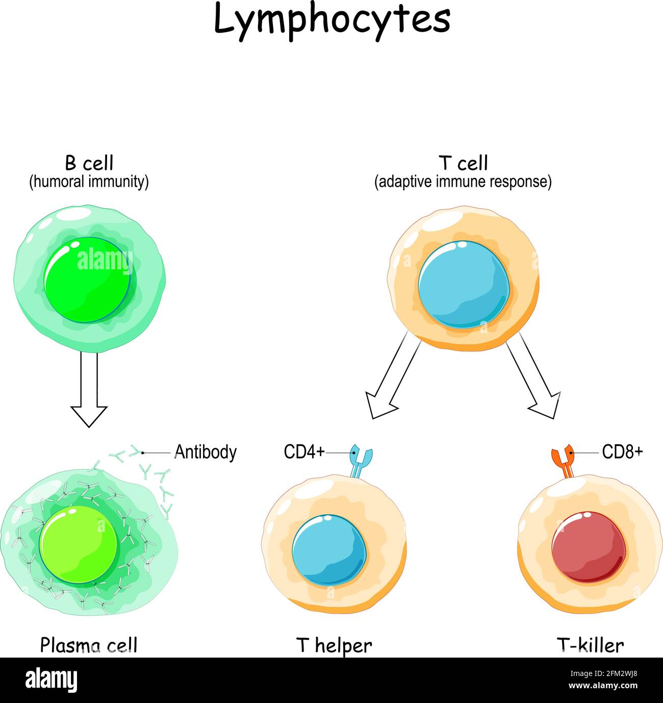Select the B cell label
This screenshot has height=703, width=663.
89,163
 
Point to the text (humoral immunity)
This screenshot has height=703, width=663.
89,182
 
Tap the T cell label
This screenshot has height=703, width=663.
463,163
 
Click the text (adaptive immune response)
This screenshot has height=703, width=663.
463,182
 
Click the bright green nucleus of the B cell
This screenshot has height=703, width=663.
87,281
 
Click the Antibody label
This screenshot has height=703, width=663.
206,452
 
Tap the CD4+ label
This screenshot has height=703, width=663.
304,452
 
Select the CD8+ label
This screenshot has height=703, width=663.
622,452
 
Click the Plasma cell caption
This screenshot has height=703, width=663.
89,645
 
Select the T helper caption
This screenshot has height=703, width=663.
334,645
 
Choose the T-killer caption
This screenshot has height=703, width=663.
590,645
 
